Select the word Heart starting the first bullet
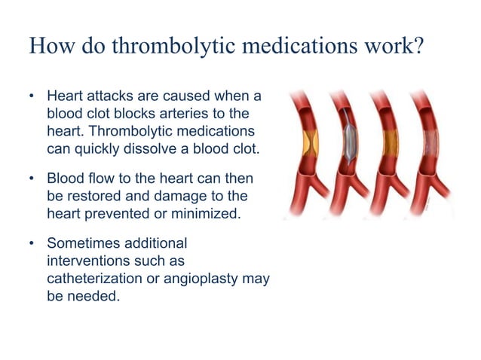[66, 97]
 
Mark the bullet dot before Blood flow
[32, 181]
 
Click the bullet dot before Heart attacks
[32, 97]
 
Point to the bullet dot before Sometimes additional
[32, 245]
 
